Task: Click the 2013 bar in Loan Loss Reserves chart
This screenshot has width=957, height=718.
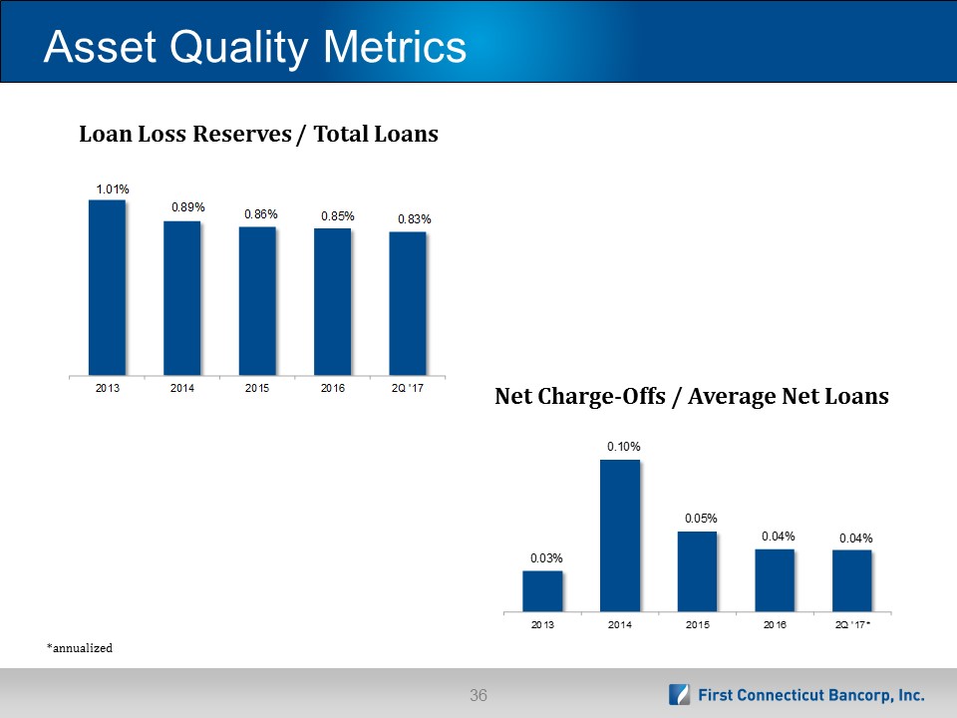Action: [107, 287]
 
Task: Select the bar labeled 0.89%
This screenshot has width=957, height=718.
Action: [181, 298]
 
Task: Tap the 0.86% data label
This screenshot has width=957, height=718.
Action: [261, 214]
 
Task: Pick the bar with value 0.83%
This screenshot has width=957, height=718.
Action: [408, 303]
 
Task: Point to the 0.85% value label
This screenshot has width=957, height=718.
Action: [338, 216]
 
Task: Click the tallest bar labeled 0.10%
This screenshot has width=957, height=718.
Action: [620, 536]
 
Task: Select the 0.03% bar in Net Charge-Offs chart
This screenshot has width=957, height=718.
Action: [542, 591]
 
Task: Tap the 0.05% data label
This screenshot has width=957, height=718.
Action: [701, 519]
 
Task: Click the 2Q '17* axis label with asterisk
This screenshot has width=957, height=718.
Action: [852, 624]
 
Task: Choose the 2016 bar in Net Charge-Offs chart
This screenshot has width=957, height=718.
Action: [775, 580]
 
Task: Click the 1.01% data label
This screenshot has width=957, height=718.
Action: [113, 189]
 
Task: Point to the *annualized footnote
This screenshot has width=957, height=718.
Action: [80, 648]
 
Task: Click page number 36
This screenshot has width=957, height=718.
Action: [478, 695]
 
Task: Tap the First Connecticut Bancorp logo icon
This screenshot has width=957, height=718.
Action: [679, 695]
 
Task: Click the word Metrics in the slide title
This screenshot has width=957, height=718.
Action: [395, 47]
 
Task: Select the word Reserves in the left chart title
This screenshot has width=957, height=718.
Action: [242, 134]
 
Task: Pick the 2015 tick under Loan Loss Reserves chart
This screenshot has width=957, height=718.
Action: [257, 388]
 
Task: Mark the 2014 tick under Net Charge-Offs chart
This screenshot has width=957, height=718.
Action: [619, 624]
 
